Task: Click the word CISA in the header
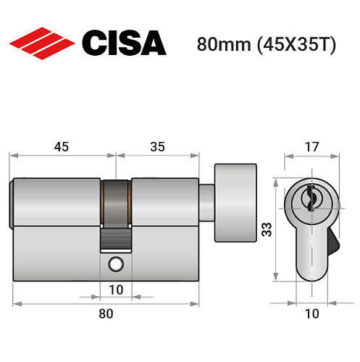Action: (x=123, y=43)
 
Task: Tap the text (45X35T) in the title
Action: (x=289, y=44)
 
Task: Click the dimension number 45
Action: (x=61, y=147)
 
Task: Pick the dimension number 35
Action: (x=157, y=147)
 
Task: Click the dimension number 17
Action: (x=311, y=146)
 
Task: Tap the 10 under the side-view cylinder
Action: (x=116, y=290)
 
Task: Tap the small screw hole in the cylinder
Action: (x=115, y=264)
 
